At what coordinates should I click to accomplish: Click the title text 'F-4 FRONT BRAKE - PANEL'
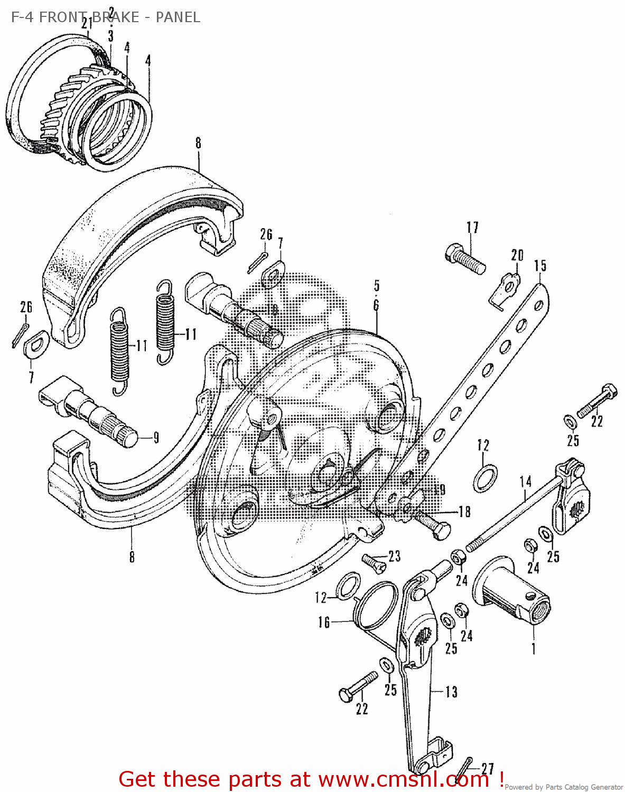tap(105, 17)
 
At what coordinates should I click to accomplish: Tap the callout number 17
tap(472, 228)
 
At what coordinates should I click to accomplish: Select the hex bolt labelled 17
tap(465, 259)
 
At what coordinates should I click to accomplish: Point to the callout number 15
tap(539, 266)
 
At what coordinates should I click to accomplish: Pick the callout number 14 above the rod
tap(525, 482)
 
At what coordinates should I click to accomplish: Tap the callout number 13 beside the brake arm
tap(451, 692)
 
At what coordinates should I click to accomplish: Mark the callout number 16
tap(324, 623)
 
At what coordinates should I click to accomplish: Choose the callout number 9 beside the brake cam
tap(156, 438)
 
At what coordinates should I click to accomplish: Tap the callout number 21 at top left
tap(87, 23)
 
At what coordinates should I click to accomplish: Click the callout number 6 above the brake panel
tap(376, 305)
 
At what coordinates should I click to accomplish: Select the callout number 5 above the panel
tap(377, 286)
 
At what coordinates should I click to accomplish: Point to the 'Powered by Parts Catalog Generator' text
tap(563, 787)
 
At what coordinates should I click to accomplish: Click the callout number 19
tap(440, 489)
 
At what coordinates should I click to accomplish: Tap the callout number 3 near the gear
tap(110, 36)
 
